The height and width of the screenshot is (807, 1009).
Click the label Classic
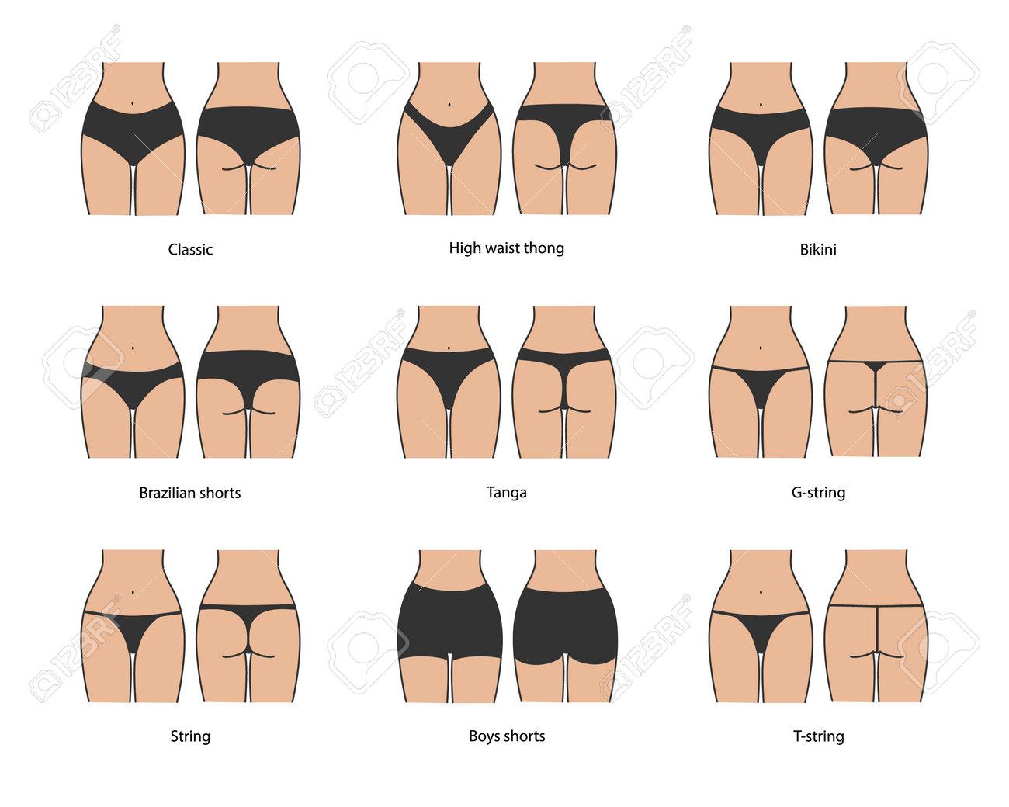pos(190,250)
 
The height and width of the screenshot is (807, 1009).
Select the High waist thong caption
pos(506,248)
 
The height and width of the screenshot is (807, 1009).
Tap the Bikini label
pos(823,250)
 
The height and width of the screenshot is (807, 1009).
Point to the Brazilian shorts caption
pos(190,493)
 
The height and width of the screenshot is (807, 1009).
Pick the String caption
pos(190,736)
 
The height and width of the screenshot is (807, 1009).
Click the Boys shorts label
pos(506,736)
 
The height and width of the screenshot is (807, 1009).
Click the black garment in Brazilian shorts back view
pos(248,365)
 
